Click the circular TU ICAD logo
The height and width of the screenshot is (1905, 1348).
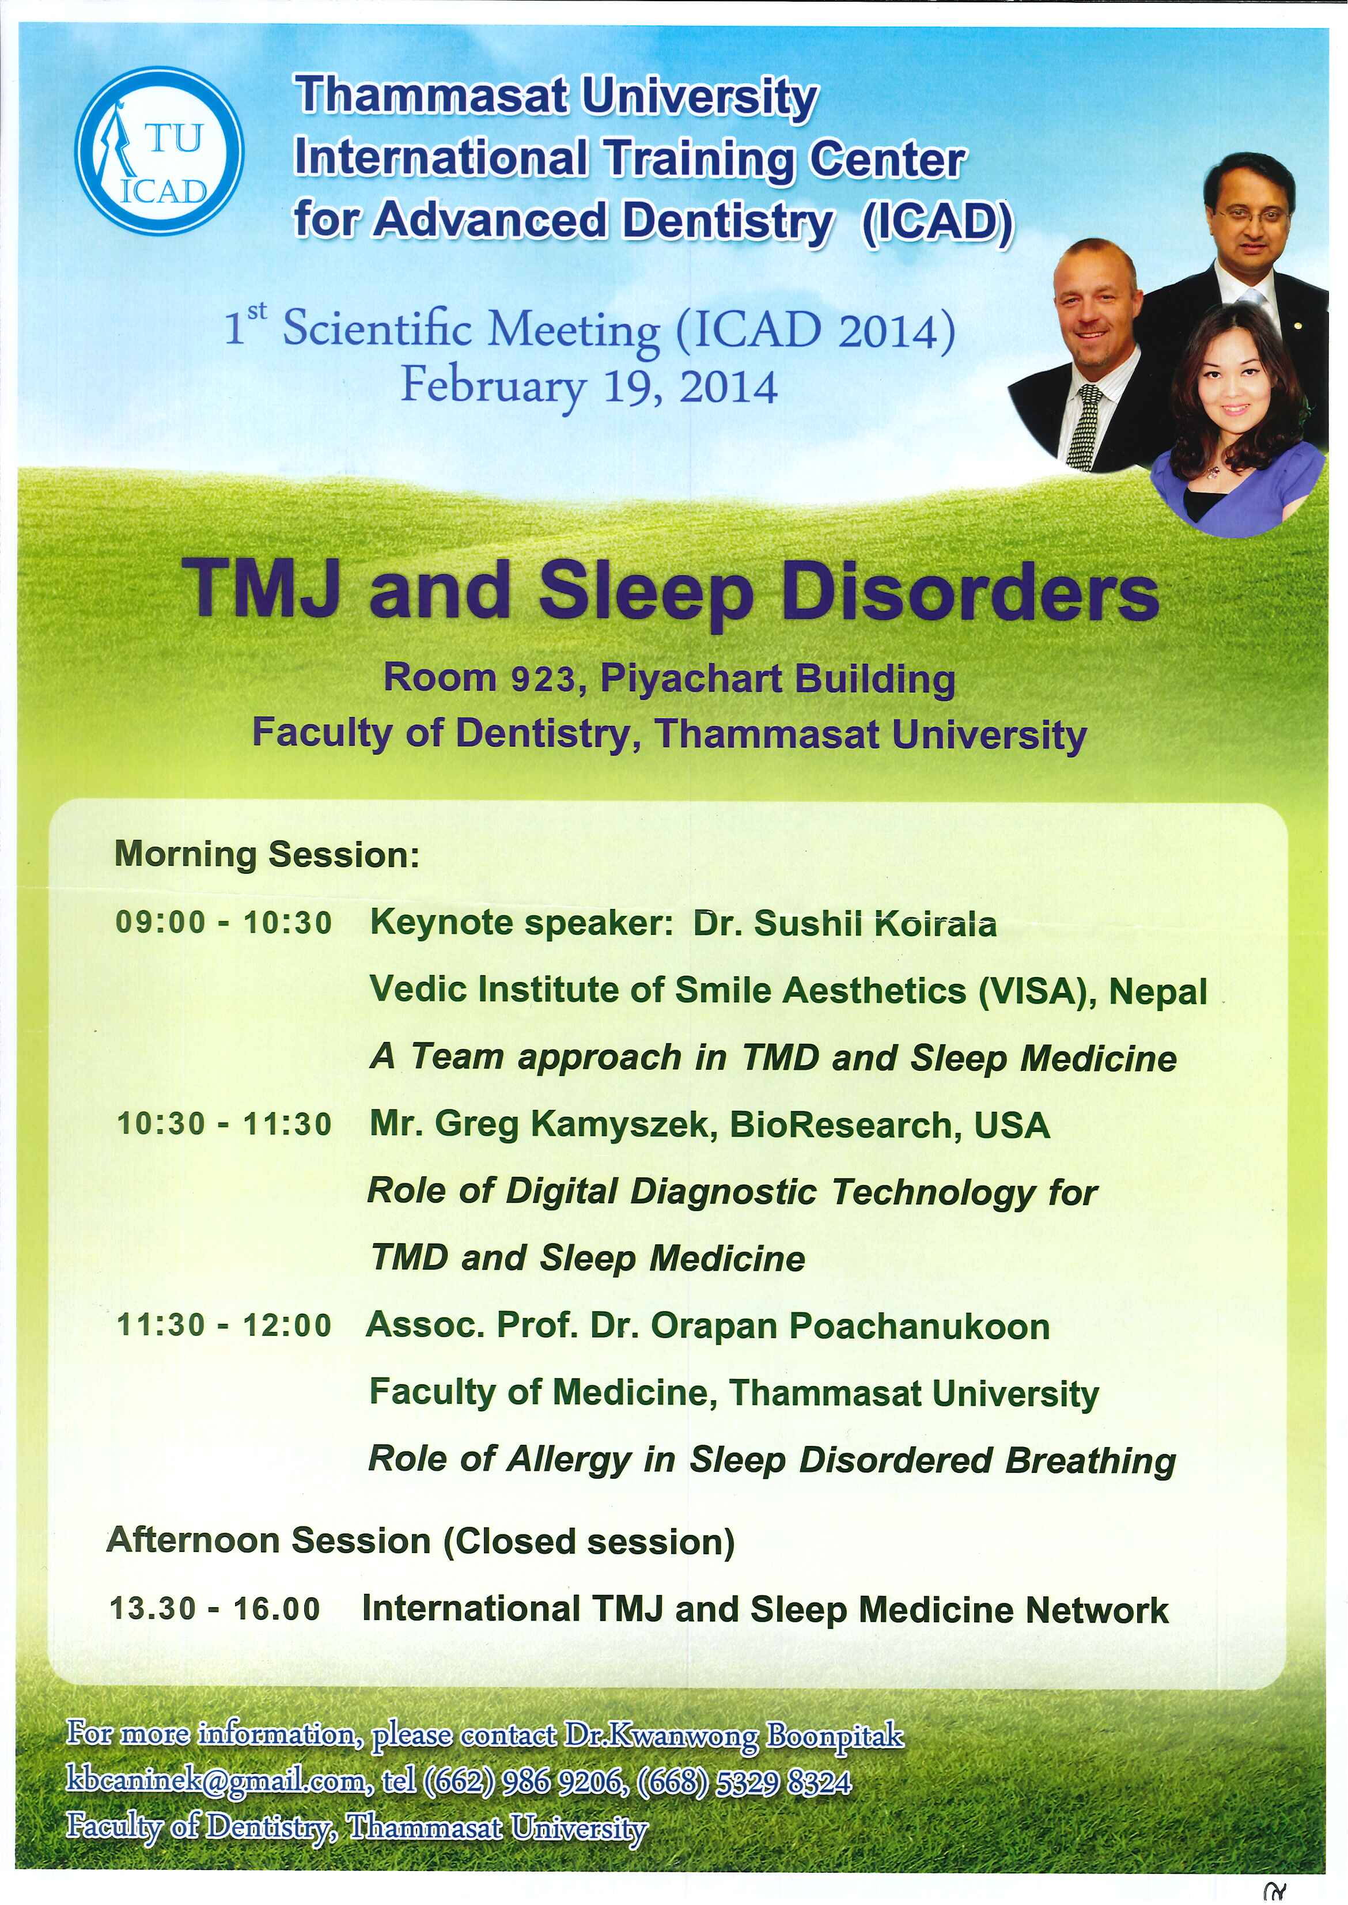click(160, 150)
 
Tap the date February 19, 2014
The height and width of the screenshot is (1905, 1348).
click(589, 386)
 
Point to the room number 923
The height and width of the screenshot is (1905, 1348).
click(543, 680)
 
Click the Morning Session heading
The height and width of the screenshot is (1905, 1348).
click(267, 854)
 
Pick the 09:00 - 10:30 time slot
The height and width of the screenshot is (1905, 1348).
click(224, 922)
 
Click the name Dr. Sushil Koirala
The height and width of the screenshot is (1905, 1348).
click(845, 923)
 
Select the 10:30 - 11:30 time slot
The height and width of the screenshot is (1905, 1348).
click(224, 1124)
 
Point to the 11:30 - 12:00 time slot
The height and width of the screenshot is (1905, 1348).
click(224, 1325)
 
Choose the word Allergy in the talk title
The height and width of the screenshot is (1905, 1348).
click(569, 1461)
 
